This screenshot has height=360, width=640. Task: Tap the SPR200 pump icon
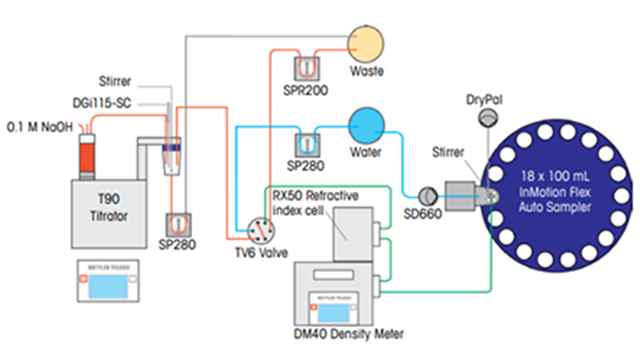[307, 68]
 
